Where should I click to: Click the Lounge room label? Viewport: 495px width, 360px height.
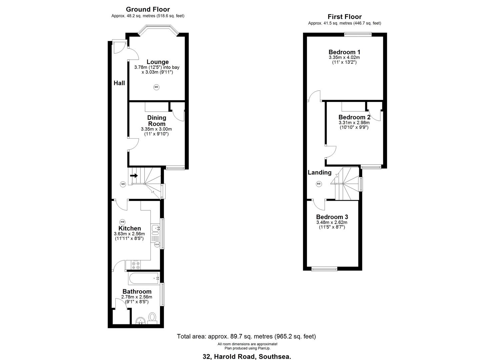coord(158,62)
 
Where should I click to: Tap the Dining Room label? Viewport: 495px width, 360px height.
coord(157,121)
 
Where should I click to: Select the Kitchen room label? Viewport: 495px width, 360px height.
coord(130,228)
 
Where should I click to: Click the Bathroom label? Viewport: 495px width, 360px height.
coord(137,292)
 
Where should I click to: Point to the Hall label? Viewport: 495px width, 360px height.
coord(119,83)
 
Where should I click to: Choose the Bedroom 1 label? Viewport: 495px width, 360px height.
coord(344,52)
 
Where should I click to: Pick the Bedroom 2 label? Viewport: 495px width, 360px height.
coord(354,117)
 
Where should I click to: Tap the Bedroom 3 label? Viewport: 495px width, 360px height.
coord(332,217)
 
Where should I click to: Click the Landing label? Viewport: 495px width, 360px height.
coord(319,172)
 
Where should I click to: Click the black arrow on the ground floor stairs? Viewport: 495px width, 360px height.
coord(134,176)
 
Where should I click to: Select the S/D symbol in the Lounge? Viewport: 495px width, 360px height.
coord(156,87)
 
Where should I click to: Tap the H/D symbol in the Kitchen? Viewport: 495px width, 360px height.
coord(122,222)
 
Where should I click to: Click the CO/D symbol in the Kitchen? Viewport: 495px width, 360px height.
coord(157,245)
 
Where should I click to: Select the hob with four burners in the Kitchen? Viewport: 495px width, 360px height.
coord(136,265)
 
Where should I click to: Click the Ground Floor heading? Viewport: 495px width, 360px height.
coord(148,9)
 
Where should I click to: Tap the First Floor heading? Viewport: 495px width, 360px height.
coord(344,17)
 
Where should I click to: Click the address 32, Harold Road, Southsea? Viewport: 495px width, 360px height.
coord(247,356)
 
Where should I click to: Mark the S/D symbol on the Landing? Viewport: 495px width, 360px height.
coord(319,184)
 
